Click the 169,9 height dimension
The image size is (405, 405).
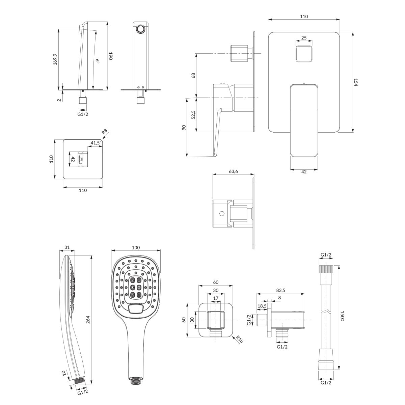click(55, 59)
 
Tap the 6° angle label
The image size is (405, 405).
click(98, 61)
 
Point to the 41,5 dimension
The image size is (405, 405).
click(95, 143)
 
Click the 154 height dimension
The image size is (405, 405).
click(355, 82)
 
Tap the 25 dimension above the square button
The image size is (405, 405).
click(304, 38)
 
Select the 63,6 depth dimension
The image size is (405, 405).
click(233, 171)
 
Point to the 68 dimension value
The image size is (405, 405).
click(193, 76)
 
